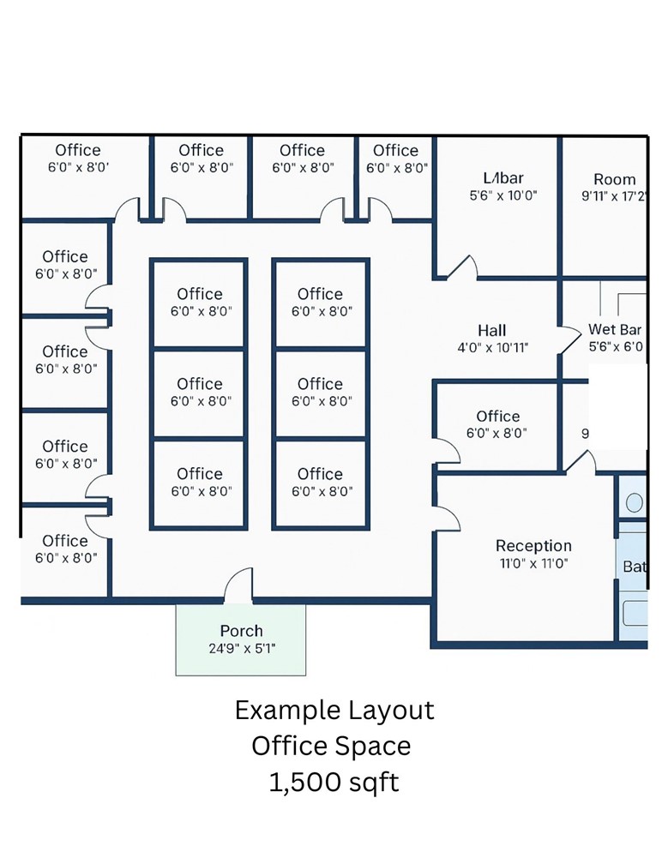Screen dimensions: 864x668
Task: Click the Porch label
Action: click(x=241, y=631)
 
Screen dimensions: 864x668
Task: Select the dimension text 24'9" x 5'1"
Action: click(x=241, y=648)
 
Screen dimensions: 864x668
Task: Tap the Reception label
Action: click(x=533, y=546)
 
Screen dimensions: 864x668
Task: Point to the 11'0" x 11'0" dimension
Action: click(x=533, y=564)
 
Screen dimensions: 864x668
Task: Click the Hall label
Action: click(x=492, y=330)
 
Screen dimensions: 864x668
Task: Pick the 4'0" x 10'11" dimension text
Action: click(x=492, y=348)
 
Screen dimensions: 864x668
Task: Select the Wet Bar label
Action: click(x=615, y=330)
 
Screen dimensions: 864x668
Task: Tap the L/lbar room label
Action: click(x=503, y=178)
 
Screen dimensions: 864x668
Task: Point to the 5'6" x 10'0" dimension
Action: click(x=503, y=195)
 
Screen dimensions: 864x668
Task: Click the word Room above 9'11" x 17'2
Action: click(x=615, y=179)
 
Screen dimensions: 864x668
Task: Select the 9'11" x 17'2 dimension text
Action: click(x=614, y=195)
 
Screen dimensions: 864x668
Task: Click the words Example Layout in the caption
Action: click(x=334, y=711)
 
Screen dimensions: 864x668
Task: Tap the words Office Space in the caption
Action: click(x=331, y=747)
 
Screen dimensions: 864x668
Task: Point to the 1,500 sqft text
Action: click(x=334, y=783)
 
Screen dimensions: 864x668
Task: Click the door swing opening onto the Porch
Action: click(x=239, y=586)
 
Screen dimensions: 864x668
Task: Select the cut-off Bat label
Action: click(x=635, y=567)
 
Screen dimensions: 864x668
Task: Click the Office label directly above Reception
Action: click(x=498, y=417)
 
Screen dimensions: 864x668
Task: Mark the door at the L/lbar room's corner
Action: click(x=463, y=267)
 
